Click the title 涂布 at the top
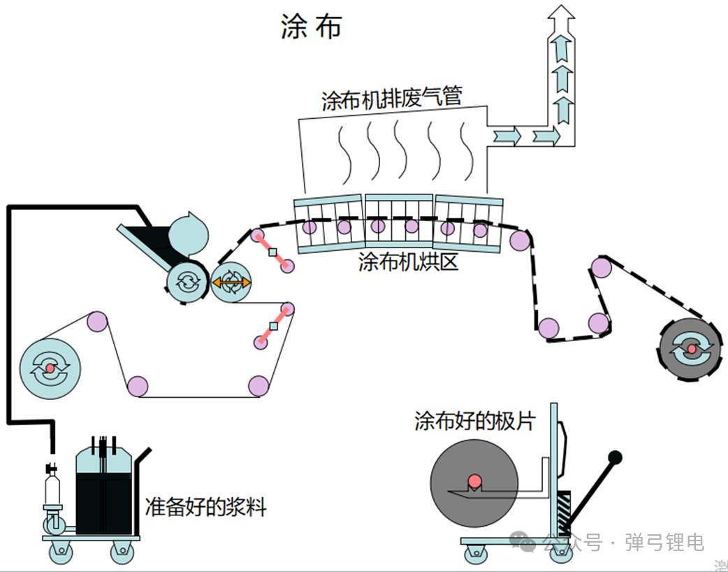(x=311, y=27)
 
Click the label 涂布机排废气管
(x=391, y=99)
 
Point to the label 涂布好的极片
(x=474, y=422)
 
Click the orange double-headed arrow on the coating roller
(x=231, y=283)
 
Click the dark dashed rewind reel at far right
(x=690, y=348)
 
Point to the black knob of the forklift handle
(x=615, y=458)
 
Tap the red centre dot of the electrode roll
(x=474, y=481)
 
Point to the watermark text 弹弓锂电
(x=664, y=542)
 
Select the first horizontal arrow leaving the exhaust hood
(x=505, y=134)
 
